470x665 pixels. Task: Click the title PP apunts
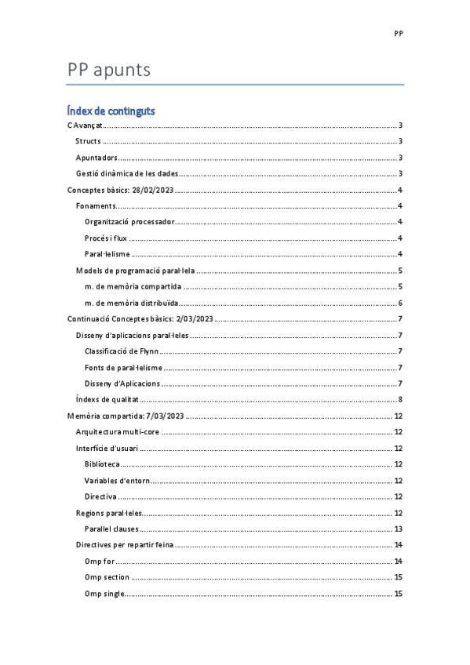point(109,71)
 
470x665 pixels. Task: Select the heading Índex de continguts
point(111,111)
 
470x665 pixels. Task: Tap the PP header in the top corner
point(399,35)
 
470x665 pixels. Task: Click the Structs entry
point(89,141)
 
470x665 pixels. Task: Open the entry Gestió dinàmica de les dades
point(128,173)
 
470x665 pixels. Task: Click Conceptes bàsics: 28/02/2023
point(121,190)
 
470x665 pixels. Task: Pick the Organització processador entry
point(129,222)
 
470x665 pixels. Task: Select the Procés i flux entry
point(106,238)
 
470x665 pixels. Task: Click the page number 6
point(400,303)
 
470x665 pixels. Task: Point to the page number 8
point(400,400)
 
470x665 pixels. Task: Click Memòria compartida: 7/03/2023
point(126,416)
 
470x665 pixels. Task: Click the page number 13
point(398,529)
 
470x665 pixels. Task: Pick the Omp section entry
point(107,577)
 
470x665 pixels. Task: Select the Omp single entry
point(104,593)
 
